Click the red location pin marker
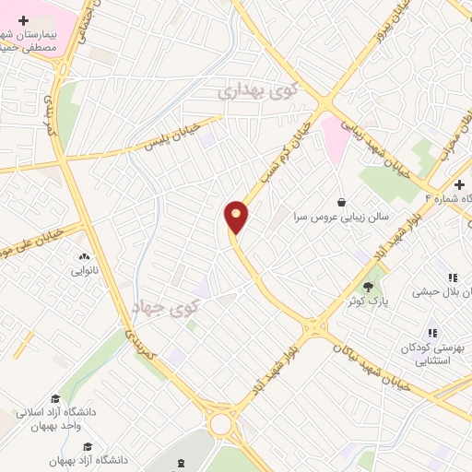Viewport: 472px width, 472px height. pyautogui.click(x=237, y=217)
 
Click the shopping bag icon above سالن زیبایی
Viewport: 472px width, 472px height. pyautogui.click(x=342, y=202)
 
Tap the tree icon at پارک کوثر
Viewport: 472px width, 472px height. pyautogui.click(x=374, y=285)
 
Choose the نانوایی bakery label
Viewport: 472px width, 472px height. pyautogui.click(x=84, y=272)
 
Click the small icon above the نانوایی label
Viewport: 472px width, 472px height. pyautogui.click(x=84, y=257)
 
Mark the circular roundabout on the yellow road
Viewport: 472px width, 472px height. pyautogui.click(x=221, y=425)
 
